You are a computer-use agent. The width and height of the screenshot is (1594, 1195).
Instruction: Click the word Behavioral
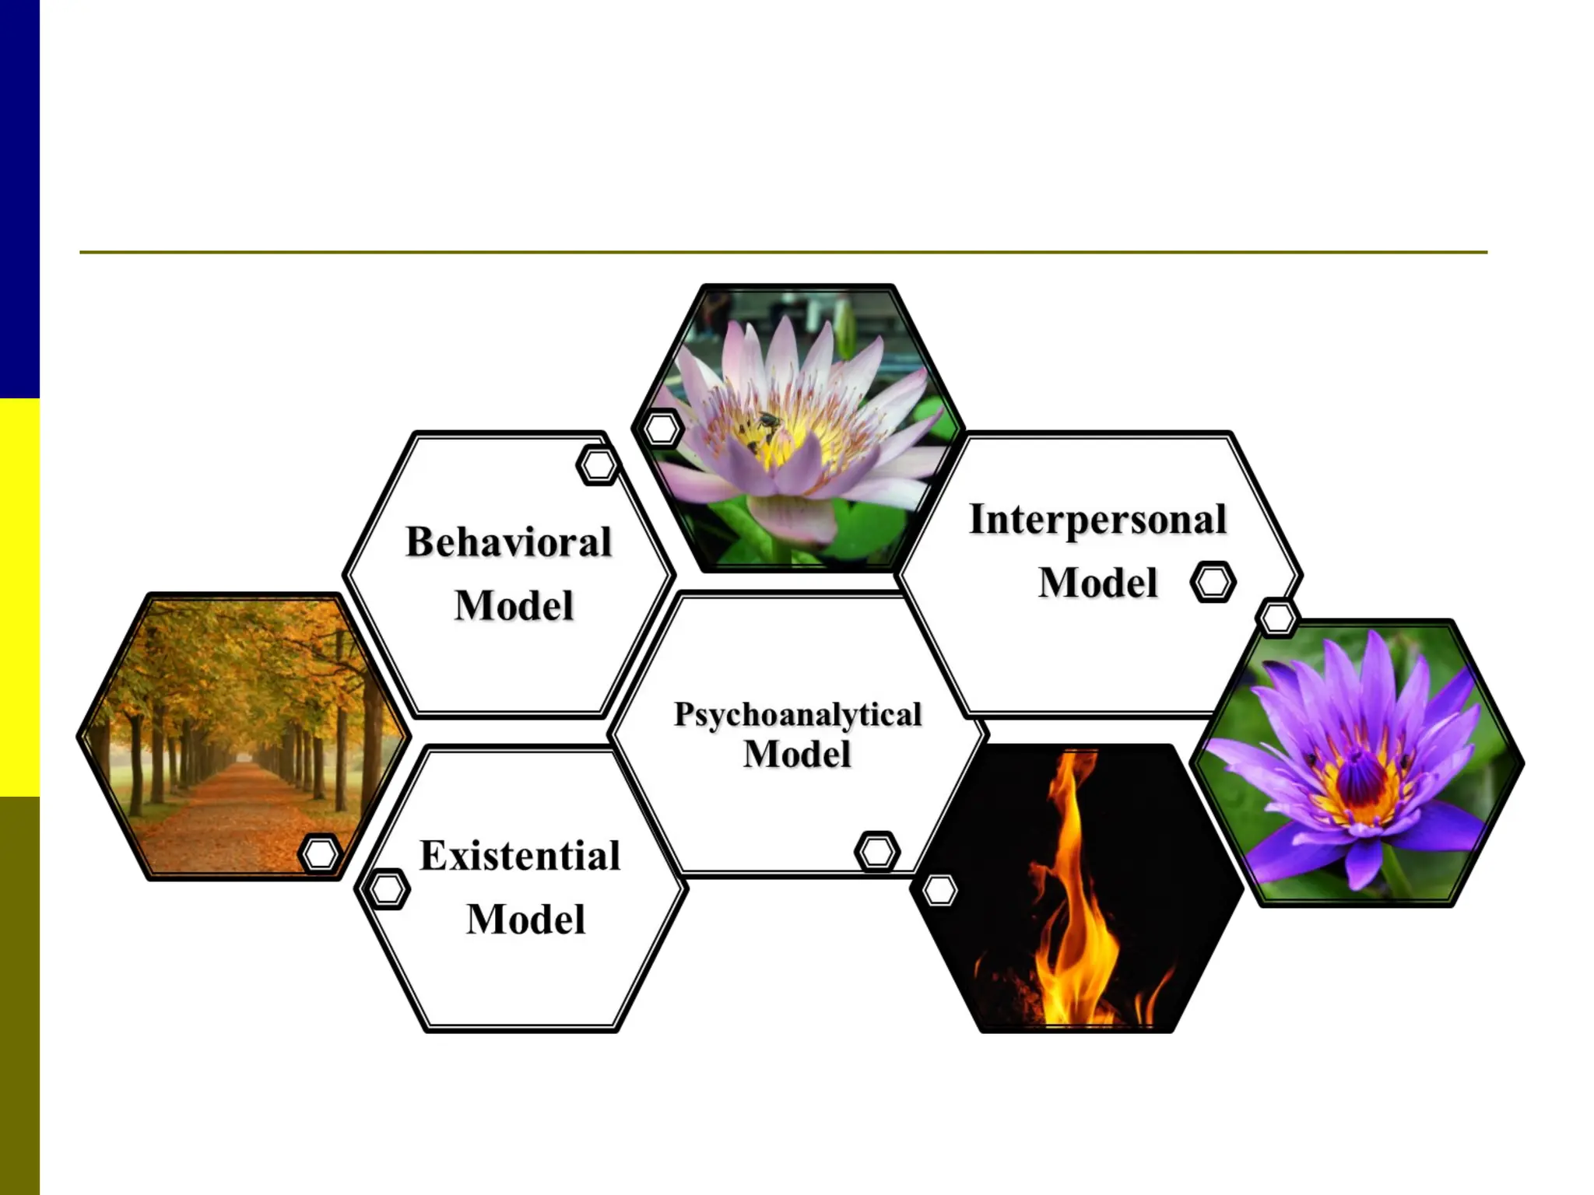tap(509, 542)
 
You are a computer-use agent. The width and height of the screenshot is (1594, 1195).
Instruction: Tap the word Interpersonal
tap(1097, 520)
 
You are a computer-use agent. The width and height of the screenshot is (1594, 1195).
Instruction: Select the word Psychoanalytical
tap(798, 714)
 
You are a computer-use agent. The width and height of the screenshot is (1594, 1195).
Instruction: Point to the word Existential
tap(520, 856)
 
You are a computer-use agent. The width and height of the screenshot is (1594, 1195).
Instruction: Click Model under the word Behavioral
tap(514, 606)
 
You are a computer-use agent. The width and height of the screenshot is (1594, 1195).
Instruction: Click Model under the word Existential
tap(526, 920)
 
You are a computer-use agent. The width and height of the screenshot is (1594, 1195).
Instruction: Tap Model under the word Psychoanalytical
tap(798, 754)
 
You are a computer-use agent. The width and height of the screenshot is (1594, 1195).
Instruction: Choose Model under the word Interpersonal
tap(1098, 583)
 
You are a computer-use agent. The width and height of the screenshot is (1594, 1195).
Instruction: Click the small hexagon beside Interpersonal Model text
tap(1213, 582)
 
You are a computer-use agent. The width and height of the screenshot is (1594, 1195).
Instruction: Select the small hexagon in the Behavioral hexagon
tap(599, 465)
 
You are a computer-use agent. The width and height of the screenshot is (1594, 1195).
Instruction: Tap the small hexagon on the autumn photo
tap(320, 854)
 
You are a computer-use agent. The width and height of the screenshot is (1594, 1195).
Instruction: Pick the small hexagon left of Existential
tap(387, 888)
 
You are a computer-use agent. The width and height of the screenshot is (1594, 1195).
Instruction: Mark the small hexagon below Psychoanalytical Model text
tap(877, 851)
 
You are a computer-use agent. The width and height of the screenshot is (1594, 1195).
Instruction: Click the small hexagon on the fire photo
tap(939, 890)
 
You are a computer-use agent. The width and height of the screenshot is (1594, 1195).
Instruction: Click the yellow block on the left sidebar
tap(19, 597)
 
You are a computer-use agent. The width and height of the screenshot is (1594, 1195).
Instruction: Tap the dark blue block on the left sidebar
tap(19, 198)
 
